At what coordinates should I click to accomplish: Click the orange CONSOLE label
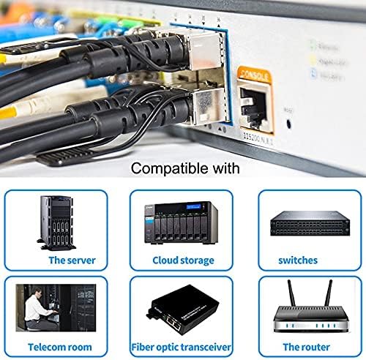click(x=255, y=74)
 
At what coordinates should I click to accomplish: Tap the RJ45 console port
click(x=256, y=107)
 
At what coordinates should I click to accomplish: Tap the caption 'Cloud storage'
click(x=183, y=260)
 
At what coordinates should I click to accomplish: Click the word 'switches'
click(x=298, y=260)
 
